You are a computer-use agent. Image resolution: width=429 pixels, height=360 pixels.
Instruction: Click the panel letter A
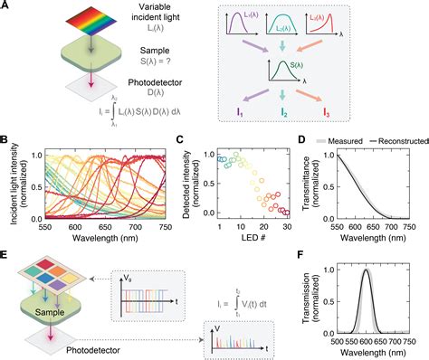(x=7, y=6)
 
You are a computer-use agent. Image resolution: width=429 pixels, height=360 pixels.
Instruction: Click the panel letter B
(x=7, y=139)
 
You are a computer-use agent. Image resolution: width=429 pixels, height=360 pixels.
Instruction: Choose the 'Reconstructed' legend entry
(x=398, y=142)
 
